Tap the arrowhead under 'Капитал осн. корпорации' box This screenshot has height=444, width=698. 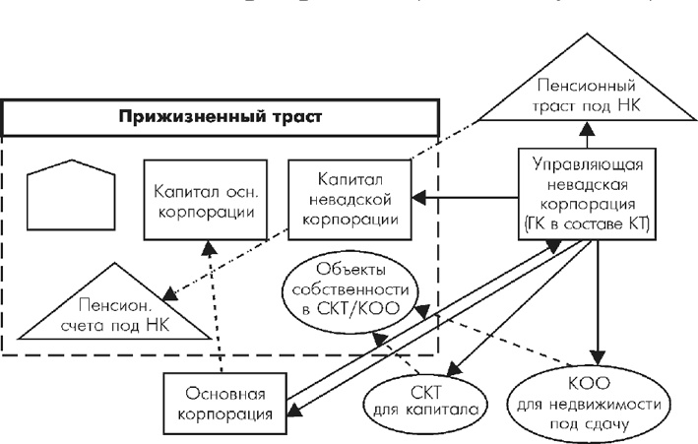coord(207,247)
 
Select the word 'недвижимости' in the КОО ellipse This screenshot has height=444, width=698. coord(592,405)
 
